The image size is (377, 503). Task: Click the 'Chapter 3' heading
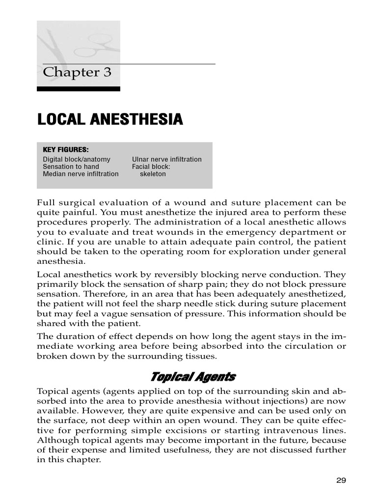[x=77, y=73]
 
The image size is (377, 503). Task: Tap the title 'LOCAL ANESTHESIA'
[x=110, y=119]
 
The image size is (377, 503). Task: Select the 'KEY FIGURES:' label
[x=66, y=150]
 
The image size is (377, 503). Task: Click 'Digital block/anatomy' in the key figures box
[x=77, y=160]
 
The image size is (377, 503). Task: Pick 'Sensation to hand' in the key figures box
[x=71, y=167]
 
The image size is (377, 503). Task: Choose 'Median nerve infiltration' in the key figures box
[x=81, y=174]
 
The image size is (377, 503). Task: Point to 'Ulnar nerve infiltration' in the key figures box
[x=166, y=160]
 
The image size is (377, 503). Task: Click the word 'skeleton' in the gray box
[x=153, y=174]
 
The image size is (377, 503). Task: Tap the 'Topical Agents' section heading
[x=192, y=377]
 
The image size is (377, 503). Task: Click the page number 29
[x=341, y=480]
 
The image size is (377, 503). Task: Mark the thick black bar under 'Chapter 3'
[x=79, y=89]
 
